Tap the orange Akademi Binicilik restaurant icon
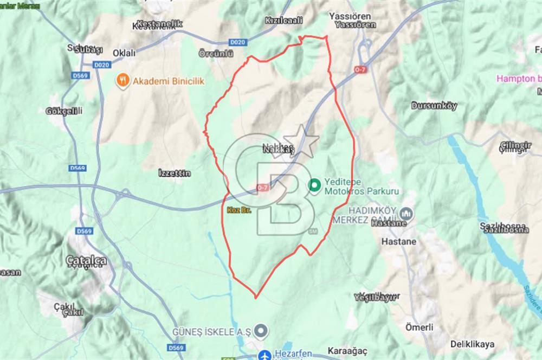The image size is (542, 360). [123, 81]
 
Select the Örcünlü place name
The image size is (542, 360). [215, 53]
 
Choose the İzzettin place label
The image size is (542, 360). [174, 173]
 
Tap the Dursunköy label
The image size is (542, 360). [434, 106]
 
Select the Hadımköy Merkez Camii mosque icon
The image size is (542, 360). [406, 214]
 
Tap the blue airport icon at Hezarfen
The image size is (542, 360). [264, 356]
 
